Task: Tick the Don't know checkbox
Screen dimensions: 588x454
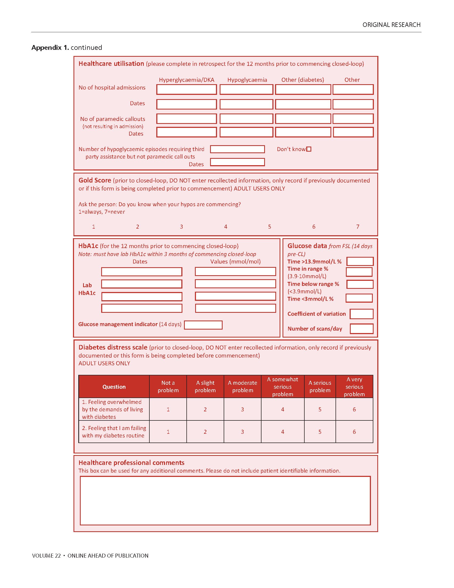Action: pyautogui.click(x=309, y=149)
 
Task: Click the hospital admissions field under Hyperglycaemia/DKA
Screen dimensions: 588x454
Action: pyautogui.click(x=186, y=89)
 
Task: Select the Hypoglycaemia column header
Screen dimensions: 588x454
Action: pyautogui.click(x=247, y=80)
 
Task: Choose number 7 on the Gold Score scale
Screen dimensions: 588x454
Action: pyautogui.click(x=357, y=227)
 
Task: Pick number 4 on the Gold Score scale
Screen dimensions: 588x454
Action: pyautogui.click(x=226, y=227)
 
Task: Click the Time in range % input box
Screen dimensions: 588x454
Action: pyautogui.click(x=359, y=272)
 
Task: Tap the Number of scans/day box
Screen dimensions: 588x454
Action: pyautogui.click(x=361, y=329)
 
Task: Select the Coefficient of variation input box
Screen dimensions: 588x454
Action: pyautogui.click(x=361, y=314)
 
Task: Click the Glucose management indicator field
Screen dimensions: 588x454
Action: pyautogui.click(x=203, y=325)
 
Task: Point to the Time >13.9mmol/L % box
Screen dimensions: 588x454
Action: pyautogui.click(x=359, y=261)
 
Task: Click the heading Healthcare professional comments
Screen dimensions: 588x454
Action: pyautogui.click(x=131, y=463)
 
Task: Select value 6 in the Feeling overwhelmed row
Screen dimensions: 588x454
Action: pyautogui.click(x=354, y=409)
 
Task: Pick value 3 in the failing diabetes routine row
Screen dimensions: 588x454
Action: pyautogui.click(x=242, y=432)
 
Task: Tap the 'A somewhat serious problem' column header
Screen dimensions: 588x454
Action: pyautogui.click(x=282, y=387)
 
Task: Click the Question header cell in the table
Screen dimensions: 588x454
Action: pyautogui.click(x=114, y=387)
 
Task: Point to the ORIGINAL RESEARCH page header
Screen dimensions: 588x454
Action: pyautogui.click(x=391, y=25)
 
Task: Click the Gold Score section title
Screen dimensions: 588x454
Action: pyautogui.click(x=95, y=180)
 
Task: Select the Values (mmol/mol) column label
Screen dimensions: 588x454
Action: pyautogui.click(x=235, y=261)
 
